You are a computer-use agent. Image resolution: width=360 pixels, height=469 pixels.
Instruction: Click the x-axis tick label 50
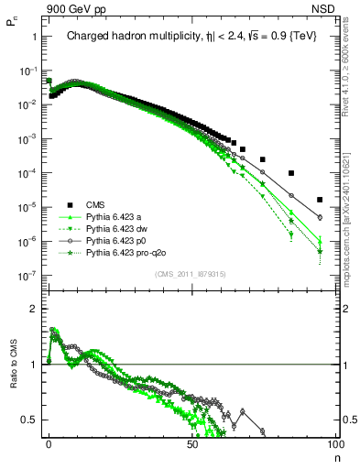click(x=191, y=443)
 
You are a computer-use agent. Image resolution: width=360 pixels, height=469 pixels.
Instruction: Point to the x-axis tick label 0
click(x=49, y=443)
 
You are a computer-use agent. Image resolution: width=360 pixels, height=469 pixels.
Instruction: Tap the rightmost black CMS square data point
click(x=320, y=200)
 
